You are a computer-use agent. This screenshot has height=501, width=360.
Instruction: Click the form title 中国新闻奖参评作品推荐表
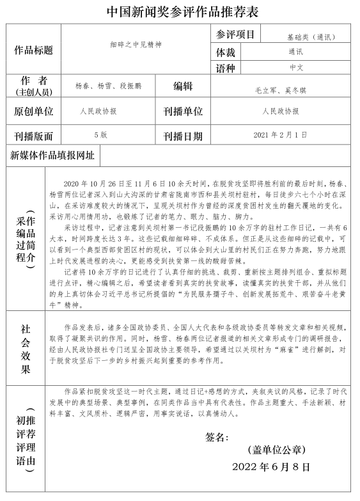click(x=180, y=12)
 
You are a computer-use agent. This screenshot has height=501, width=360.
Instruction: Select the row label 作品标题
click(x=33, y=50)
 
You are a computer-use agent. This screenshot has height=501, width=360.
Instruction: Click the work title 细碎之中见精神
click(x=136, y=45)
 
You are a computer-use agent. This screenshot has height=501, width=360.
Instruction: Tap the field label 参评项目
click(x=235, y=34)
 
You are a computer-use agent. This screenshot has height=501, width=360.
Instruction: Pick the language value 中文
click(x=296, y=67)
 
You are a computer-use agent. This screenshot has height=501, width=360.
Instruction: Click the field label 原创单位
click(x=33, y=111)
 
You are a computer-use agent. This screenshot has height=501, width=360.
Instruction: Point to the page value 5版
click(x=100, y=134)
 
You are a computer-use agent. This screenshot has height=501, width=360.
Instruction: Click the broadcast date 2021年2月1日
click(x=280, y=134)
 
